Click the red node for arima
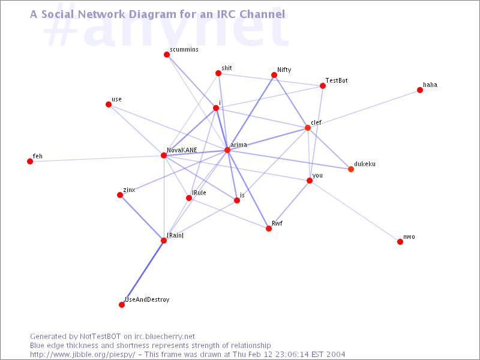coord(227,149)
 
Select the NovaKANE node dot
coord(164,155)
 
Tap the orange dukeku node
coord(351,169)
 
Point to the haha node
coord(420,90)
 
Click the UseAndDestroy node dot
coord(122,305)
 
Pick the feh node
coord(30,161)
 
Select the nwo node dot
coord(400,242)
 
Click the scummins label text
coord(184,49)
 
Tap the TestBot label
coord(337,80)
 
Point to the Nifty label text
coord(284,70)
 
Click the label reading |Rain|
coord(175,235)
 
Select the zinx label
coord(129,190)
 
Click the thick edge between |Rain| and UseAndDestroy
coord(143,272)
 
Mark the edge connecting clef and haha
coord(364,109)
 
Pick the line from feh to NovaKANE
coord(97,158)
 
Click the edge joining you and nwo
coord(355,211)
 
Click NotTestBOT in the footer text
coord(100,337)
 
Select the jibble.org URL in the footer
coord(82,355)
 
